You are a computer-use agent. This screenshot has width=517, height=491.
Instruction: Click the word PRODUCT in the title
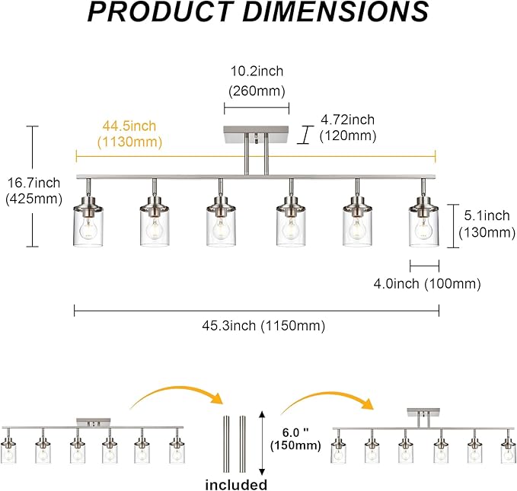point(161,12)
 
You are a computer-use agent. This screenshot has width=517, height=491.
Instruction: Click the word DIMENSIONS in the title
point(336,12)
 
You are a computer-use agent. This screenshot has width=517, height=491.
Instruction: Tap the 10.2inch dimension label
point(257,72)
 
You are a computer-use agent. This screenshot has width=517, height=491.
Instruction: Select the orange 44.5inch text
point(129,126)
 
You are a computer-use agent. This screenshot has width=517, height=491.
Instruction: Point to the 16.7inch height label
point(34,183)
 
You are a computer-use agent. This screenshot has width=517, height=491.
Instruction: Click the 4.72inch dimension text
point(347,120)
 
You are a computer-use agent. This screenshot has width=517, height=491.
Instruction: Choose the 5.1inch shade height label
point(487,215)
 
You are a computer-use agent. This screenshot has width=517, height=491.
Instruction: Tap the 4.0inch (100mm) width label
point(427,284)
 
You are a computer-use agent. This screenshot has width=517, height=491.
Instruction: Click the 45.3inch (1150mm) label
point(263,326)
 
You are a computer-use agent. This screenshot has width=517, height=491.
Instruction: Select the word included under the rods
point(236,485)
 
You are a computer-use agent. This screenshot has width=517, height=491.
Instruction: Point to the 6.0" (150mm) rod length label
point(295,439)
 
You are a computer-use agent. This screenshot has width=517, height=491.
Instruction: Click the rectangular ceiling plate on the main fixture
point(256,135)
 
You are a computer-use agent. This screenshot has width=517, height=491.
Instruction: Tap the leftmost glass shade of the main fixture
point(88,226)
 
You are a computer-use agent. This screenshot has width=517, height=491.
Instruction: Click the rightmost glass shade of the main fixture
point(423,226)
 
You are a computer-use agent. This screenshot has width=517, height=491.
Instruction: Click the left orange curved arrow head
point(217,399)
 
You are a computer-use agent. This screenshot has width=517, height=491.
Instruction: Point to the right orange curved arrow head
point(367,403)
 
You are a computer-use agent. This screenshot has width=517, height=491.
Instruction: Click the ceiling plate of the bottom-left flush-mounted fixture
point(94,422)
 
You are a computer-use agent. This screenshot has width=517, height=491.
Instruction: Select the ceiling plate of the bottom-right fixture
point(423,412)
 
